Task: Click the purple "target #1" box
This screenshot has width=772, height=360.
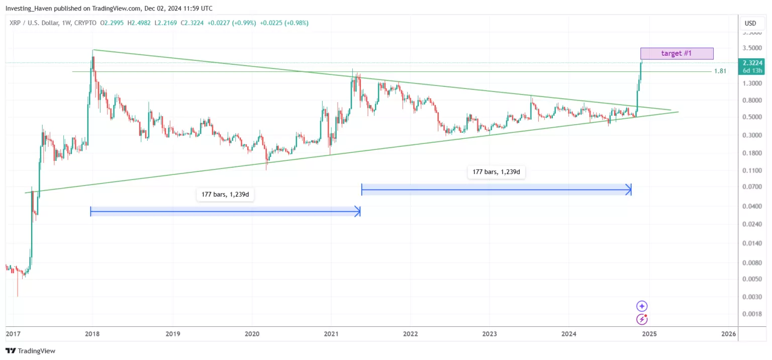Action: (677, 53)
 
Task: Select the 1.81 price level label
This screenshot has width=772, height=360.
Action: (720, 71)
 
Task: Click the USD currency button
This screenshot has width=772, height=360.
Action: (750, 23)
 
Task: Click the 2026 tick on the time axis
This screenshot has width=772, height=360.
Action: (728, 333)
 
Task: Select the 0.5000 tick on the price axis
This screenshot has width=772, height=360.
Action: (753, 117)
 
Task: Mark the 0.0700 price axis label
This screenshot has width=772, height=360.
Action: (753, 187)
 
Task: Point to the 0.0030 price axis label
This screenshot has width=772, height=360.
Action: (753, 297)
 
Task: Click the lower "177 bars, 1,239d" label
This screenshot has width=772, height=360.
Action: (225, 195)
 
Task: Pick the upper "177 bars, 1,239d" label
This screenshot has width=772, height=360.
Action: (496, 172)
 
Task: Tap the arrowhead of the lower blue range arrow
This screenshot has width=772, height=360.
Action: (358, 212)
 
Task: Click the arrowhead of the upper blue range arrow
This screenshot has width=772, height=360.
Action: (628, 190)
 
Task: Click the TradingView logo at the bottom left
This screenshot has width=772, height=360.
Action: (30, 351)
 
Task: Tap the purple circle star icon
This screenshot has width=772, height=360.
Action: (642, 306)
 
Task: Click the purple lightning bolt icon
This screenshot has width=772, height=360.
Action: (642, 319)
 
